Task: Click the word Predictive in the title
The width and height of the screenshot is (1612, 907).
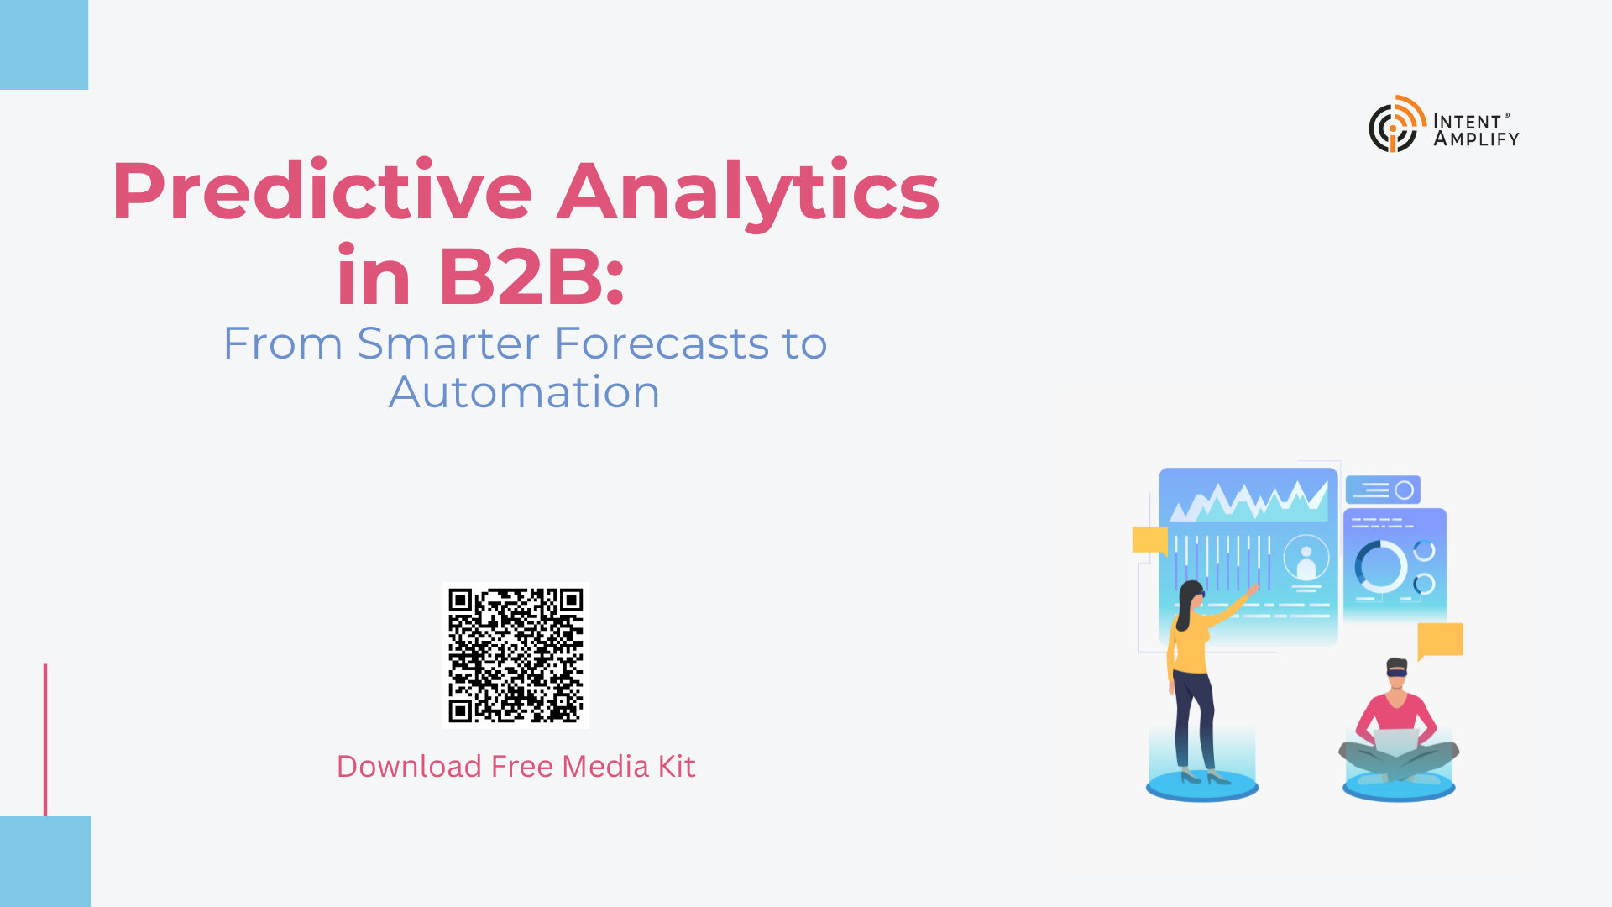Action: coord(322,191)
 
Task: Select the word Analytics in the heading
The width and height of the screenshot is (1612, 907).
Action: coord(748,191)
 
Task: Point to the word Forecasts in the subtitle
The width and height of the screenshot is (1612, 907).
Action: coord(662,343)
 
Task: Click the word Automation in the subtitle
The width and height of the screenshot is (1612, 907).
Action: coord(525,392)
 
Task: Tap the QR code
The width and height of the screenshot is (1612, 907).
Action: coord(516,655)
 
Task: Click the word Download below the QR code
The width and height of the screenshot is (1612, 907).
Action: coord(410,767)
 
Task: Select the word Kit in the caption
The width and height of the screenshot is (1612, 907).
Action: coord(677,767)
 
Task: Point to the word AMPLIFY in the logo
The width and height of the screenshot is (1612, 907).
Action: coord(1477,139)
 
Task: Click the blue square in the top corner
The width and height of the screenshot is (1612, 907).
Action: coord(44,45)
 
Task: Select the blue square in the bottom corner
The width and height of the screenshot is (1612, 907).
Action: coord(45,862)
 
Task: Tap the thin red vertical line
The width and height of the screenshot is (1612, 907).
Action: coord(45,740)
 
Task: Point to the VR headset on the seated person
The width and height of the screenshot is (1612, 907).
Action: coord(1397,670)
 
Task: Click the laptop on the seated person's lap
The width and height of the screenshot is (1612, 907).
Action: coord(1396,742)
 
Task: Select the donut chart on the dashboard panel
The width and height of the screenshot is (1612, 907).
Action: coord(1380,566)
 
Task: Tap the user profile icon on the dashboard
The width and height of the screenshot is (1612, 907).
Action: coord(1306,558)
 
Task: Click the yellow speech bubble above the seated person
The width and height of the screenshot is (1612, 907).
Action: coord(1440,641)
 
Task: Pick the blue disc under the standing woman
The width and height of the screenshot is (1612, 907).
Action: coord(1202,786)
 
